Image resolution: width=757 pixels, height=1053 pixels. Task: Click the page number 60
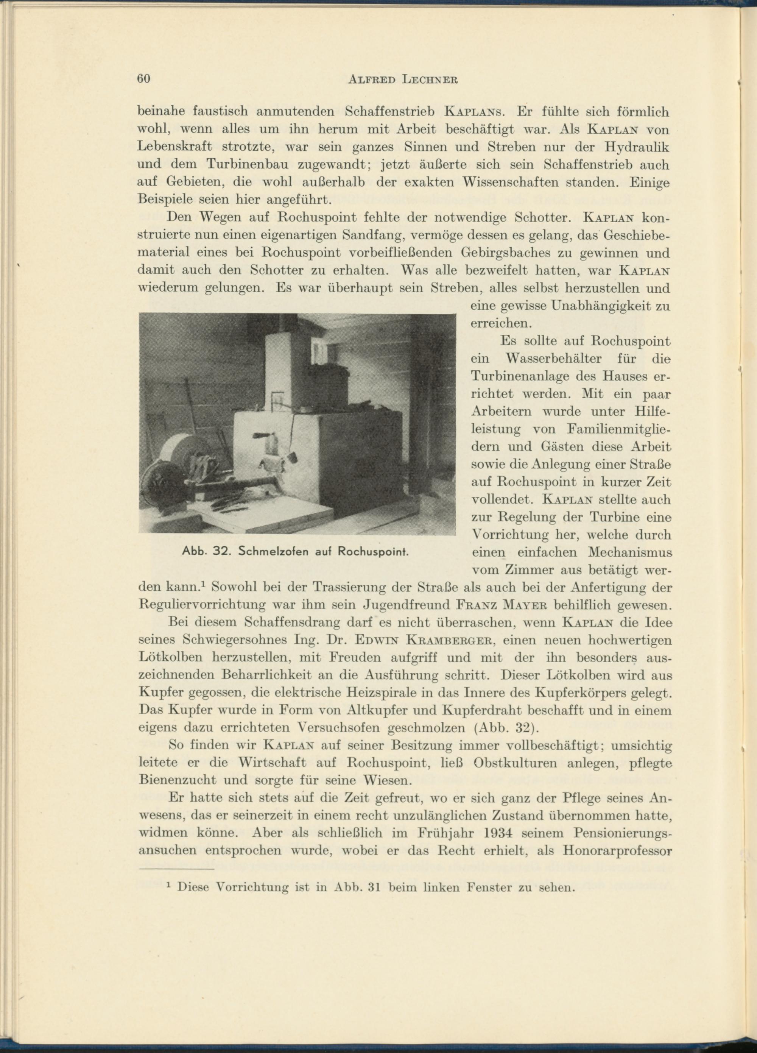coord(144,78)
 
